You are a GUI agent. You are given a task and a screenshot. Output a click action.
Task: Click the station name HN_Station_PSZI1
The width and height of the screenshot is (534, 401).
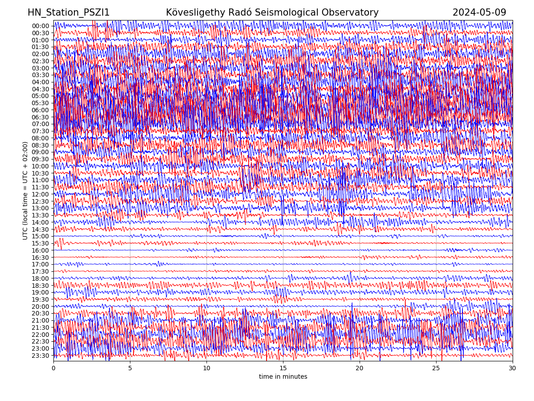pos(69,13)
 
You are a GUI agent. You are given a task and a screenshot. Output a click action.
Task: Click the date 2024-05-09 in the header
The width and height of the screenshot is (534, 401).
pos(479,13)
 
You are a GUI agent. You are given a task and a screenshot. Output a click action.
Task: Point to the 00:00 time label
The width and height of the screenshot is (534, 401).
pos(40,26)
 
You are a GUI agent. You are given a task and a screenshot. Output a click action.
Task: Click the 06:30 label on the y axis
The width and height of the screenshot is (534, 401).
pos(40,117)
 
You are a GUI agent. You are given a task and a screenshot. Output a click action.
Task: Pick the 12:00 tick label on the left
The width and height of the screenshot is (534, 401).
pos(40,194)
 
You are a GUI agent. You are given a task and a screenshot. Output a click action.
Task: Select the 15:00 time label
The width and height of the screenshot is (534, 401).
pos(40,236)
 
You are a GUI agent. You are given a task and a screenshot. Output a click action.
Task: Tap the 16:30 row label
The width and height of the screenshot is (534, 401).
pos(40,258)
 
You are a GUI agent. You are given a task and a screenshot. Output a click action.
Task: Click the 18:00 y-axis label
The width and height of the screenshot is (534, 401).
pos(40,278)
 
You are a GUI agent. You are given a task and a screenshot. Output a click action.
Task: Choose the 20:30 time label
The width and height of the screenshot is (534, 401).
pos(40,313)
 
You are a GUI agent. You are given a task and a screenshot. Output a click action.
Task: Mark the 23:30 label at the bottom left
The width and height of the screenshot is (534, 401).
pos(40,356)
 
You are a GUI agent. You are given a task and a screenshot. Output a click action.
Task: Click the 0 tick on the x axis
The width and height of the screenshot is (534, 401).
pos(53,368)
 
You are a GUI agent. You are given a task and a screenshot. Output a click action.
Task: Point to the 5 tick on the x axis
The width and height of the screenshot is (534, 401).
pos(130,368)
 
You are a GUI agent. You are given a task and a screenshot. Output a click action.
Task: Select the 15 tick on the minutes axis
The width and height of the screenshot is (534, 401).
pos(283,368)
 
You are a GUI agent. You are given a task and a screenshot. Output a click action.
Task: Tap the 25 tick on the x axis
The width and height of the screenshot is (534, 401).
pos(436,368)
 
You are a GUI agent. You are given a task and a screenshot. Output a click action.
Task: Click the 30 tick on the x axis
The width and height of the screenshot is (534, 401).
pos(513,368)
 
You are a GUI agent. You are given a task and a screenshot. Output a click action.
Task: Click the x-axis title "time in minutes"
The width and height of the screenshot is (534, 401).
pos(283,377)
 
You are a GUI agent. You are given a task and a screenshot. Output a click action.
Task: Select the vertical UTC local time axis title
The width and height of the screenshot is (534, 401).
pos(25,191)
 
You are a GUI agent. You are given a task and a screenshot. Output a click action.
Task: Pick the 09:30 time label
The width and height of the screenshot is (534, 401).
pos(40,159)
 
